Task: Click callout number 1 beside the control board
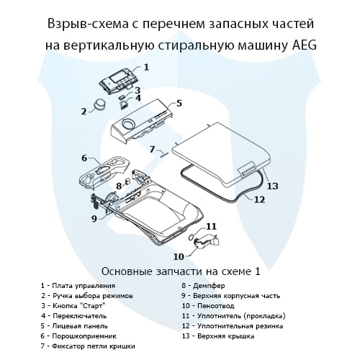[146, 67]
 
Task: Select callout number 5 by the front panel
[179, 103]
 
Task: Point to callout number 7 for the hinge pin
[152, 149]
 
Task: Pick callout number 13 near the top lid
[272, 186]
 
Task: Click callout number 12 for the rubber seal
[260, 199]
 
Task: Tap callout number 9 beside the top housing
[94, 218]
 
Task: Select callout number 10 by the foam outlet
[177, 256]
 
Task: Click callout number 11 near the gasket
[210, 227]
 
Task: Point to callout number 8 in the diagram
[119, 186]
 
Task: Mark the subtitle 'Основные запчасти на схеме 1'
[180, 271]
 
